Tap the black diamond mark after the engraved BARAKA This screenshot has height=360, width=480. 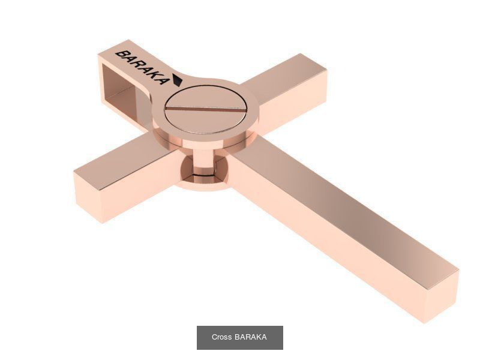coord(177,80)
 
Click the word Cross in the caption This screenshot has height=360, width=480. coord(221,337)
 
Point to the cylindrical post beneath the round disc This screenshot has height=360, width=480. coord(204,162)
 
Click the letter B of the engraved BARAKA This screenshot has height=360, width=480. coord(121,55)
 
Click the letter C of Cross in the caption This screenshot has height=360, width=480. coord(214,337)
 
